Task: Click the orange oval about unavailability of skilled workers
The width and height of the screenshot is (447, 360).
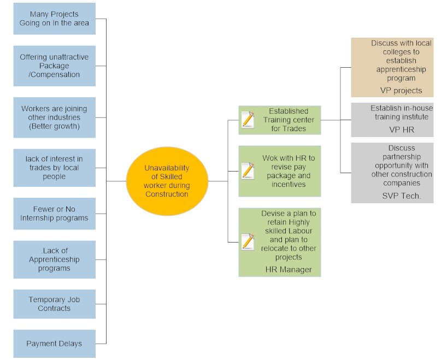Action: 167,180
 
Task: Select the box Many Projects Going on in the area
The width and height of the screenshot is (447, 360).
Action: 54,19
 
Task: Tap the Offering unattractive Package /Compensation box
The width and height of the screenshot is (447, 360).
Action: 54,66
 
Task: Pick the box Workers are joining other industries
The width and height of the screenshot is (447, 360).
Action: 54,117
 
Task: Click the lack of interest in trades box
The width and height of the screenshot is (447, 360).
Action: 54,168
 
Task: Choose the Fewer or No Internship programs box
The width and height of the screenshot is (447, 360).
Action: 54,214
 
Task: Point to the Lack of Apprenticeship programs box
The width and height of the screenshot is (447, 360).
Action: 54,259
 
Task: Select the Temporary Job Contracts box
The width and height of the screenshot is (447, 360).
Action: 54,304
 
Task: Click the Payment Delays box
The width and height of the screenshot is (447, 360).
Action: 54,344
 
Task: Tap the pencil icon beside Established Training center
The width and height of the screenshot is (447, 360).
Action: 248,119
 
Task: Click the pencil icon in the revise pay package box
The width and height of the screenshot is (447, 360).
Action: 248,170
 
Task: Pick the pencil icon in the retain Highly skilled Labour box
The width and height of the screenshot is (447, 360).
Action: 248,241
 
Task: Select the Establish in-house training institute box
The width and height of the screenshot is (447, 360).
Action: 392,120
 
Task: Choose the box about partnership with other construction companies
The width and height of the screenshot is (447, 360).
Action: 392,173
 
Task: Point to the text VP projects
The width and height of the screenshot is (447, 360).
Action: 401,91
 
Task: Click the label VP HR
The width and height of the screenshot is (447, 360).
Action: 401,131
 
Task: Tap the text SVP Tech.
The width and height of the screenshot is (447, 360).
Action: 401,196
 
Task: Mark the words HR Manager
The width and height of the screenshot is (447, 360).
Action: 289,269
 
